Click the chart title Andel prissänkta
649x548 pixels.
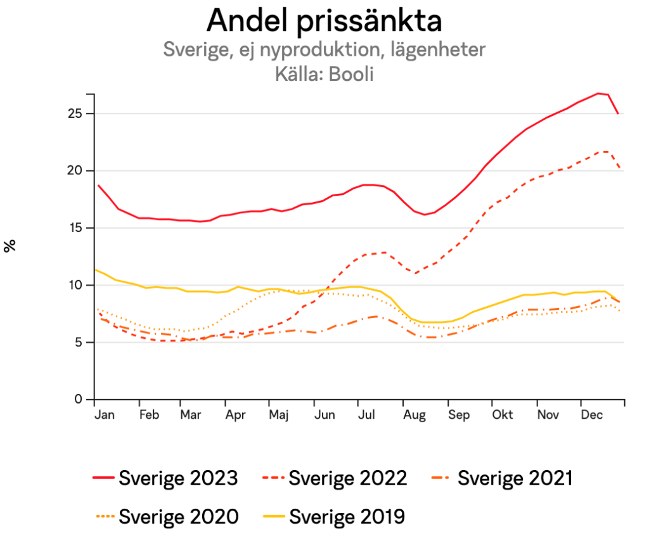324,21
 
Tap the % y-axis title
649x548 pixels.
10,246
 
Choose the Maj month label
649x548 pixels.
278,415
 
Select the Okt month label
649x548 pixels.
503,415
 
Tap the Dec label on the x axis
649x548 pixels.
591,415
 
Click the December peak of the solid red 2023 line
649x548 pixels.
598,93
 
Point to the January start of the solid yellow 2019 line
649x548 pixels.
95,270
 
